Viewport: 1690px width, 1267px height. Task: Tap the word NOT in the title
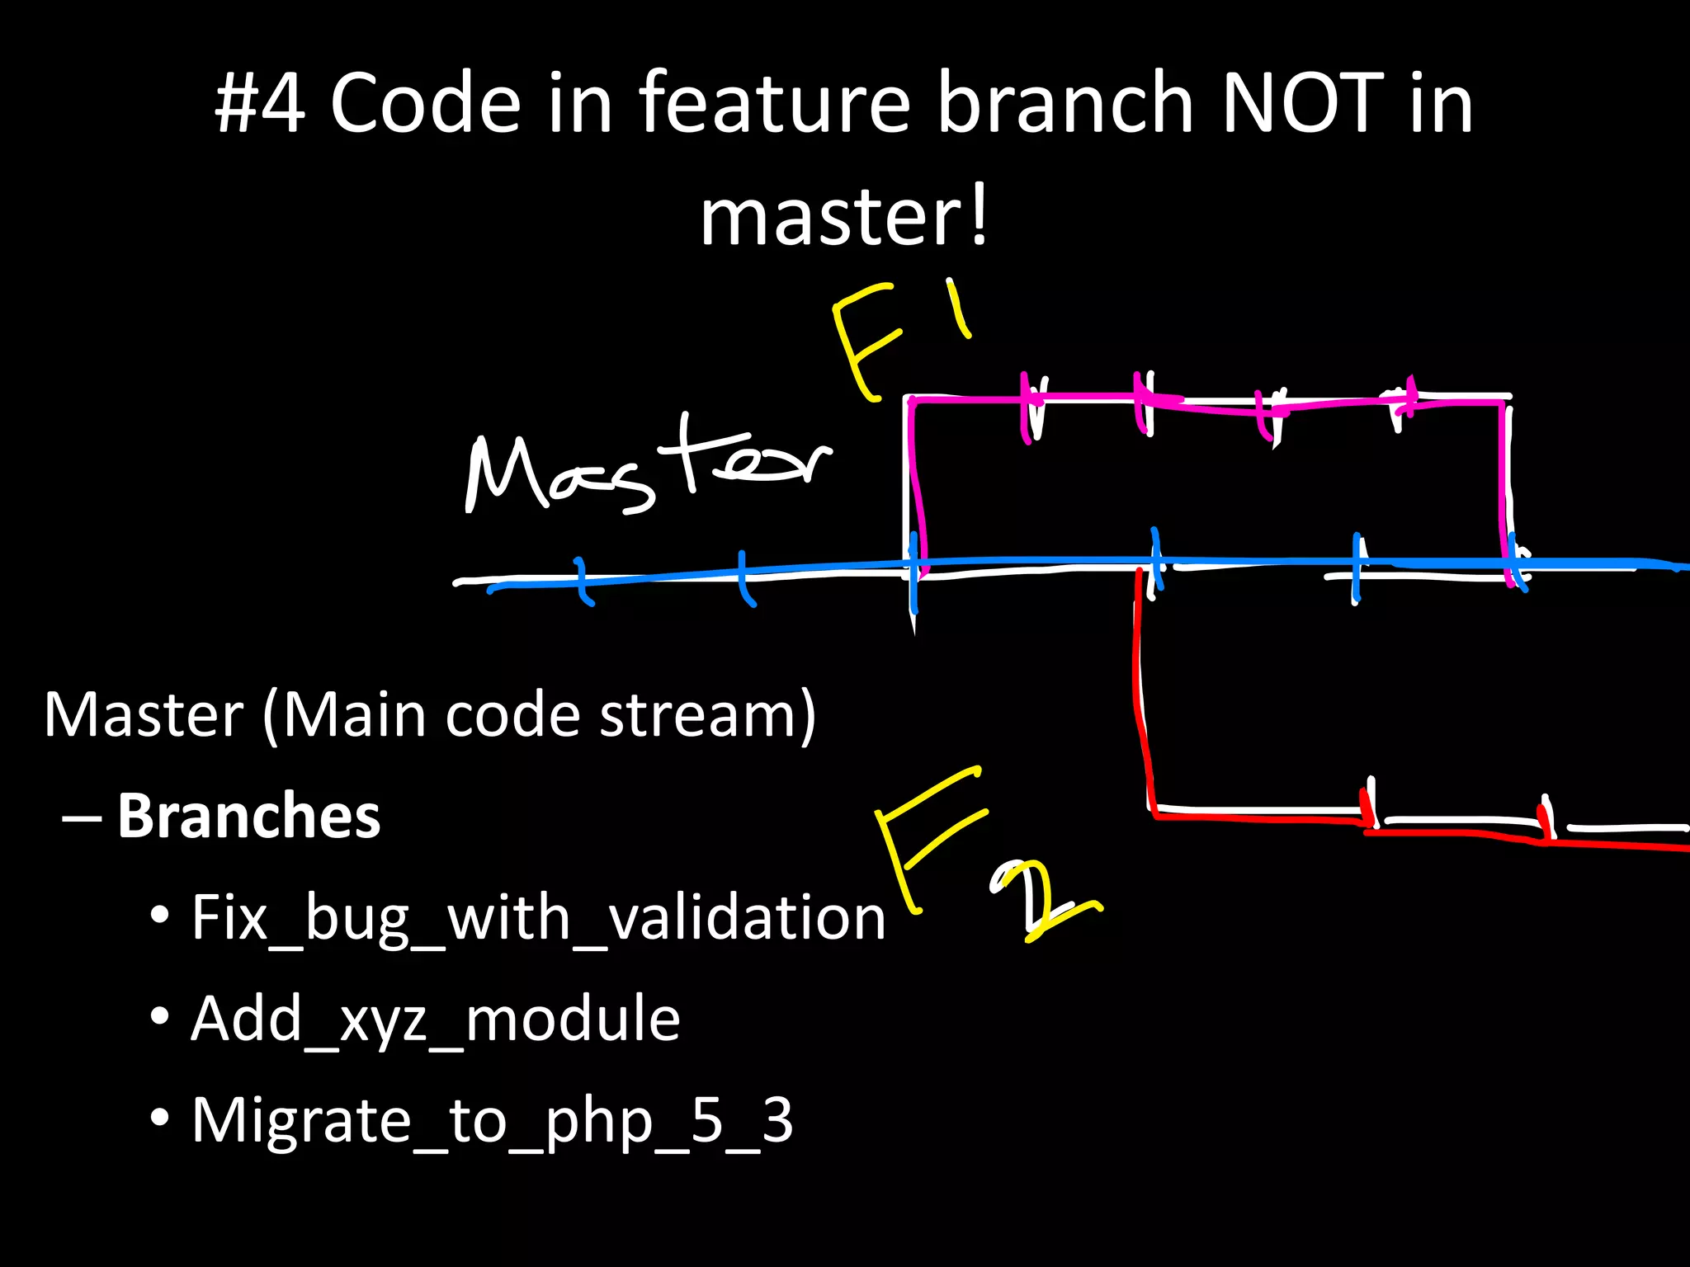1301,103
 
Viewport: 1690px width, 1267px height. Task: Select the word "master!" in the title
843,217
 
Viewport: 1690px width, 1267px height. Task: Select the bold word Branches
248,816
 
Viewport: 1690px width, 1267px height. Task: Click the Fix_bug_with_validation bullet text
538,917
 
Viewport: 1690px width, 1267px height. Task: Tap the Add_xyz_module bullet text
435,1019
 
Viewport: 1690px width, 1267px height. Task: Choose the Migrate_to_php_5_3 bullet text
492,1120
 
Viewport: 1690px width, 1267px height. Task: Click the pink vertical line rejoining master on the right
1503,487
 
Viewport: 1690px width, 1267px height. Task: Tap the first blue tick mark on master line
582,581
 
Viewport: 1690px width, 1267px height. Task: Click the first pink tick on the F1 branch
1026,408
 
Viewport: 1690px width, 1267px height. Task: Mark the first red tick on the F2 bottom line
1366,806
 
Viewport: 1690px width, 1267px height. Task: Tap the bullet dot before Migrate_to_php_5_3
160,1119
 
